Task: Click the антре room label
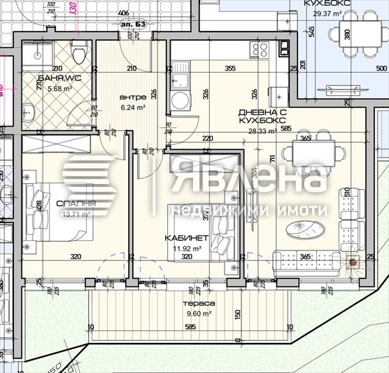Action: click(x=132, y=97)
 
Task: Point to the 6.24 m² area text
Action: click(x=132, y=107)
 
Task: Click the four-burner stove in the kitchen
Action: click(x=260, y=50)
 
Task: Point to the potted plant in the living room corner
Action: click(x=353, y=261)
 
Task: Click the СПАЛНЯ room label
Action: click(x=75, y=204)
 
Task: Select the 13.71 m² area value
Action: click(x=76, y=215)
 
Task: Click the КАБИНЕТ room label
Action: click(x=183, y=238)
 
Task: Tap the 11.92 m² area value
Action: click(x=188, y=248)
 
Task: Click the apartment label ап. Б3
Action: click(x=131, y=23)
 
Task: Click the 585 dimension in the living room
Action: click(x=285, y=128)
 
